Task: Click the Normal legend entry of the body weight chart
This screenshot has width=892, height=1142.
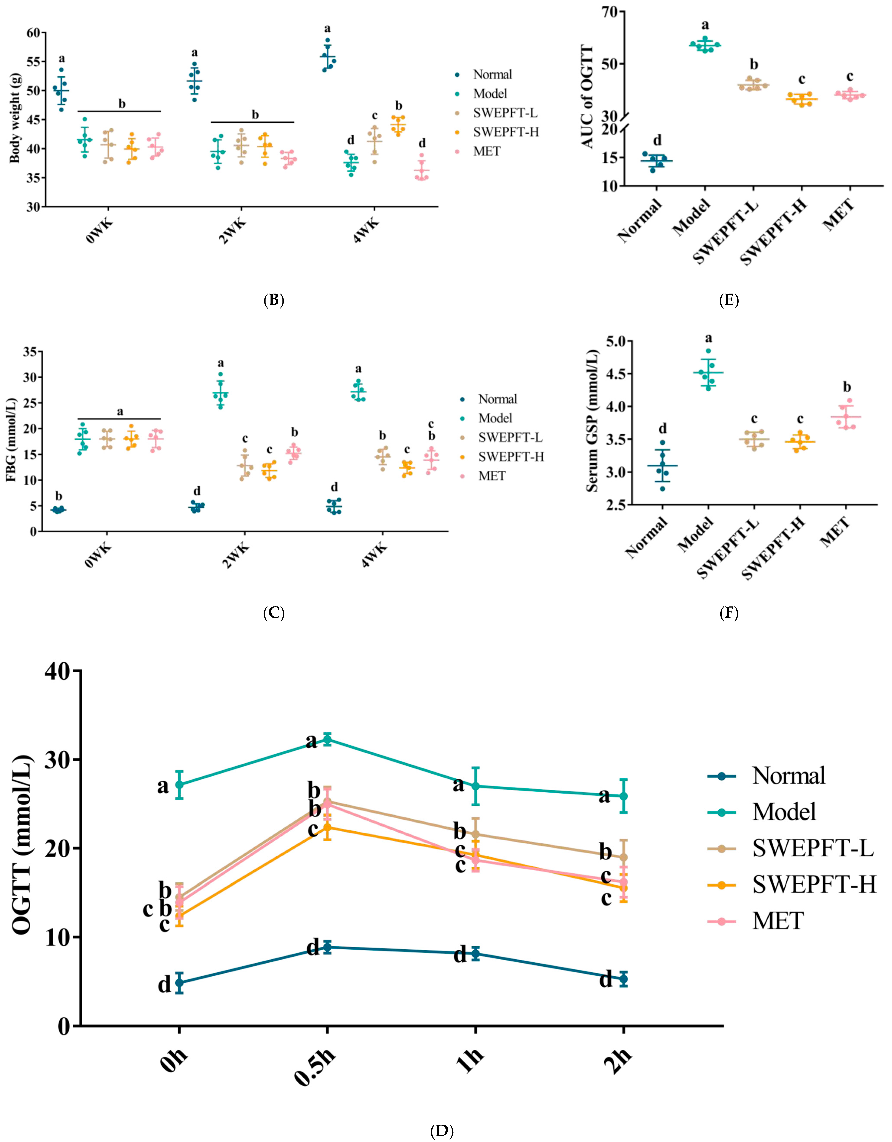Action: [x=492, y=74]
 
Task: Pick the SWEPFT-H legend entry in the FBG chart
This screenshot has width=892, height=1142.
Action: [x=511, y=456]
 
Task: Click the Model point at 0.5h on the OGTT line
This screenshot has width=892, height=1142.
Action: [x=327, y=739]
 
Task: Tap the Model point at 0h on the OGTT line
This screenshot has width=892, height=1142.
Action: [x=179, y=784]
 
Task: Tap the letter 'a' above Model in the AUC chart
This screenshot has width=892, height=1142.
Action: [x=705, y=25]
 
